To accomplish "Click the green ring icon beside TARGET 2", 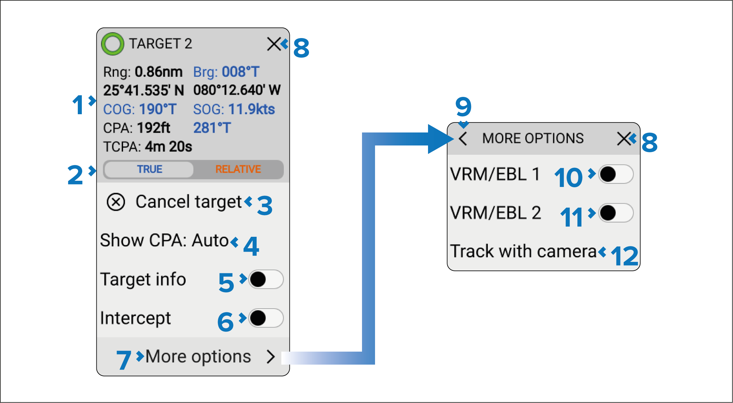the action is pyautogui.click(x=113, y=44).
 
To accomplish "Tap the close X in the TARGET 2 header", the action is pyautogui.click(x=274, y=44).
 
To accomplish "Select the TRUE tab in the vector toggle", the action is pyautogui.click(x=149, y=169).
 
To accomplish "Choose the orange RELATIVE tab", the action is pyautogui.click(x=238, y=169).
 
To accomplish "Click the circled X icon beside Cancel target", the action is pyautogui.click(x=116, y=202).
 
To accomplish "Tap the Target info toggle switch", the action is pyautogui.click(x=266, y=279).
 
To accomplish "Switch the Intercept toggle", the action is pyautogui.click(x=266, y=318).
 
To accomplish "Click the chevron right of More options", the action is pyautogui.click(x=271, y=357).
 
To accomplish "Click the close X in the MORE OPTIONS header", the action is pyautogui.click(x=624, y=139).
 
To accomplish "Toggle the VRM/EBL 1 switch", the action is pyautogui.click(x=616, y=174).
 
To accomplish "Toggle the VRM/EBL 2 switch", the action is pyautogui.click(x=616, y=213).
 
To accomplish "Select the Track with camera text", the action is pyautogui.click(x=523, y=251).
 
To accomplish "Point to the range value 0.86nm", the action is pyautogui.click(x=158, y=72).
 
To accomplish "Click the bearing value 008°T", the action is pyautogui.click(x=241, y=72).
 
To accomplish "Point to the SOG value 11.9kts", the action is pyautogui.click(x=252, y=109).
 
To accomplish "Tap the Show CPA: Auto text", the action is pyautogui.click(x=165, y=240).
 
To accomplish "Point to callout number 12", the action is pyautogui.click(x=625, y=256).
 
